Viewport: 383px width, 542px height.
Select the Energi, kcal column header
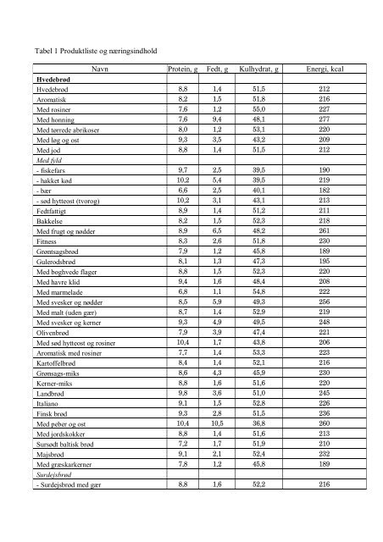point(321,68)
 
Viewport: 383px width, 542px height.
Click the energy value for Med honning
point(322,120)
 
